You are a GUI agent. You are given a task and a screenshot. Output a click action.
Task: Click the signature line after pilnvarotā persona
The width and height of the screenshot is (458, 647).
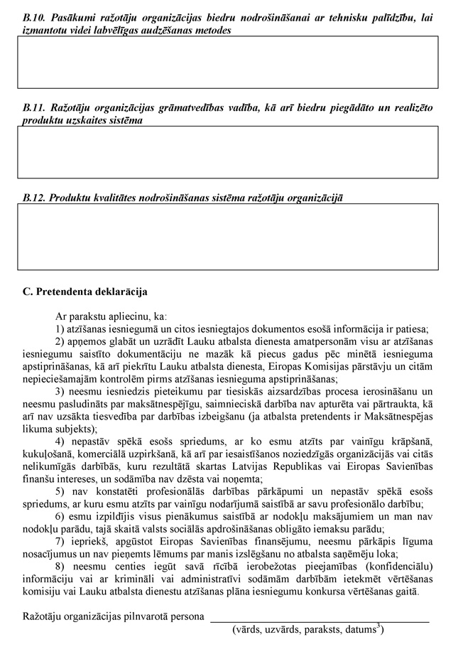[x=320, y=620]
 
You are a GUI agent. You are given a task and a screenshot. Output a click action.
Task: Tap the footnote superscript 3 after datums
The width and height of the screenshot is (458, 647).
[x=381, y=626]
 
